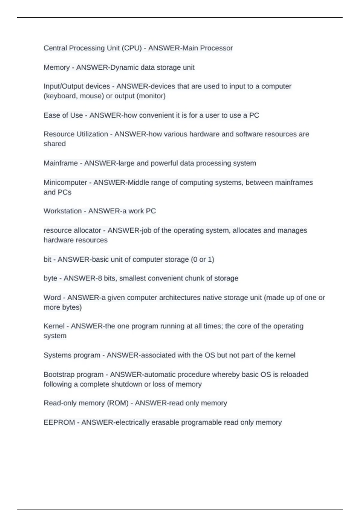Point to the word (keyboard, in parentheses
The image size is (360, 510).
pyautogui.click(x=61, y=96)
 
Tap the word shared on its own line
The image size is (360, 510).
pyautogui.click(x=55, y=144)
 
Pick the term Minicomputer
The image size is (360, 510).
pyautogui.click(x=65, y=182)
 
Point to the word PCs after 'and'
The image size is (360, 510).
pyautogui.click(x=64, y=192)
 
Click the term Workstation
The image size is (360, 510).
pyautogui.click(x=63, y=211)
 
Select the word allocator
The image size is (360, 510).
pyautogui.click(x=88, y=230)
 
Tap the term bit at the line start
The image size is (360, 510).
pyautogui.click(x=47, y=259)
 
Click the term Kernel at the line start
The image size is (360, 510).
pyautogui.click(x=54, y=326)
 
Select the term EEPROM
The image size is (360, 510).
pyautogui.click(x=59, y=422)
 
